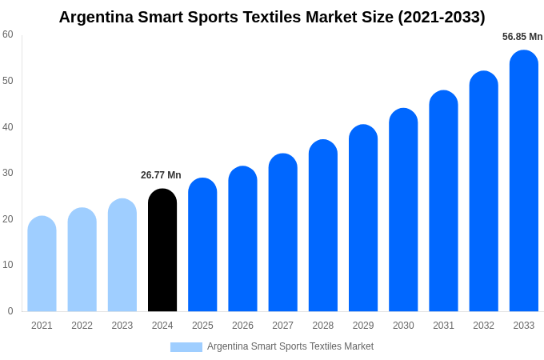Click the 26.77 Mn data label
(161, 175)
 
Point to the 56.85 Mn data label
(522, 37)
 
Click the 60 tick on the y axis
(8, 34)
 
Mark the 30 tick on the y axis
(8, 173)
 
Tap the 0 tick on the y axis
(10, 311)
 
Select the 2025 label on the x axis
(202, 326)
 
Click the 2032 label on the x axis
(483, 326)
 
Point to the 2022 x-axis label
(82, 326)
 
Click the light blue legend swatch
(186, 347)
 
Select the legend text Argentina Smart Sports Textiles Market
(290, 346)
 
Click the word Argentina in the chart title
(98, 17)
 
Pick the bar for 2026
(242, 239)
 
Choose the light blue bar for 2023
(122, 255)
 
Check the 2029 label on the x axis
(363, 326)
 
